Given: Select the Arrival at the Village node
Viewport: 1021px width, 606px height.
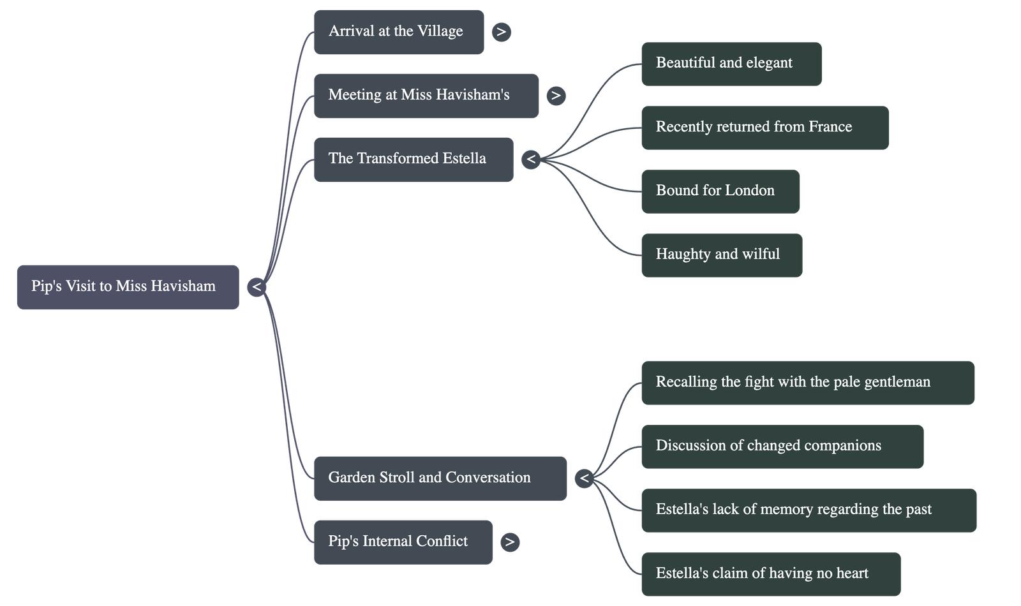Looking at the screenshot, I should [x=399, y=32].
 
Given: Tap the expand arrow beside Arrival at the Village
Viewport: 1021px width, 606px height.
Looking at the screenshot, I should [x=501, y=32].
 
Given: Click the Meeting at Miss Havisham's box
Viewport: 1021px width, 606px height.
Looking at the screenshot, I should [x=426, y=95].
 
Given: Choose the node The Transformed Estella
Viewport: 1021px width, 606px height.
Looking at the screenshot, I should [x=413, y=159].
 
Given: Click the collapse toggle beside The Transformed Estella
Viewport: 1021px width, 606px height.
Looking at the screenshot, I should [x=531, y=159].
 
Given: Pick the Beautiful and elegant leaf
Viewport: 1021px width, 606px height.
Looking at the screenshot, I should [x=731, y=63].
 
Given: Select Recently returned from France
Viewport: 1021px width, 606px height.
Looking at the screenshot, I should [x=764, y=127].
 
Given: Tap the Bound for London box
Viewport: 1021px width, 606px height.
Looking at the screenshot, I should [x=720, y=191].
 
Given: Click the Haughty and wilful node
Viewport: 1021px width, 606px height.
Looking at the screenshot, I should [x=721, y=255].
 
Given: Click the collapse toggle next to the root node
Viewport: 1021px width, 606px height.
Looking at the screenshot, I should [x=257, y=287].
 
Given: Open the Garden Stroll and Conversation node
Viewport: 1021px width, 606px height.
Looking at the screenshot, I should [x=440, y=478].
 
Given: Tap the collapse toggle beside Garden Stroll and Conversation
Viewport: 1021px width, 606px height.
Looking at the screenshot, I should [x=584, y=478].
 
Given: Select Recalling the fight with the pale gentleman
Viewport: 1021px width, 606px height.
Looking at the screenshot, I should [x=807, y=382].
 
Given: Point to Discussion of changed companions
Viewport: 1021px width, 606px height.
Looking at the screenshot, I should [x=782, y=446].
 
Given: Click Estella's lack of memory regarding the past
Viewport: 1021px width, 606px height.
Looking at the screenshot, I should [x=808, y=510].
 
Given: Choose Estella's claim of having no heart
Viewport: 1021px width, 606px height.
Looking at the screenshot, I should [x=770, y=573].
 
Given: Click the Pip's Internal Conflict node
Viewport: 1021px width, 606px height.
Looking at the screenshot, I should [x=403, y=542].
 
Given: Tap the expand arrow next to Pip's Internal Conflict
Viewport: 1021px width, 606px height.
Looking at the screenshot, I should [x=509, y=542].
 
